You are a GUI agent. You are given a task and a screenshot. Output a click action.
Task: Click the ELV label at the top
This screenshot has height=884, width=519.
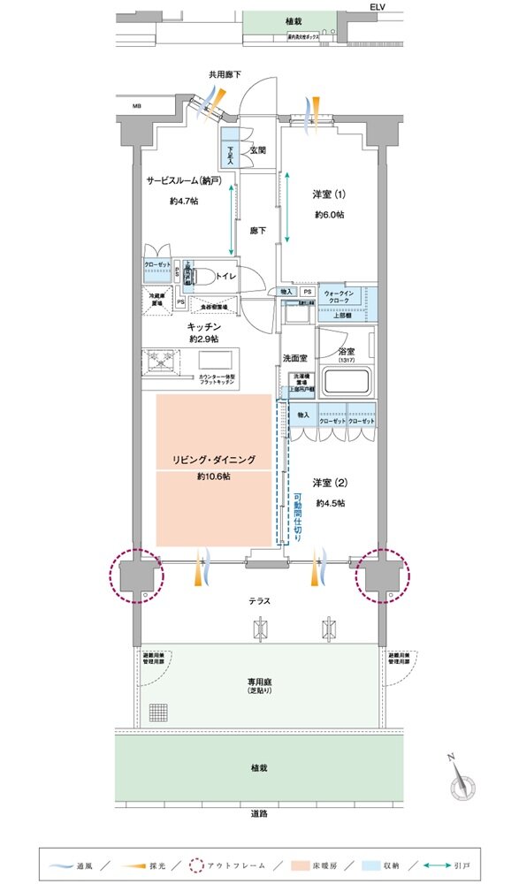(379, 6)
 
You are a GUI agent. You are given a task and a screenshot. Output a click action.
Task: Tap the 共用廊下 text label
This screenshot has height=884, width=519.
(225, 76)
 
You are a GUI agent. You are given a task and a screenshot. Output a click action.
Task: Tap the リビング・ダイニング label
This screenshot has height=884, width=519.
(214, 460)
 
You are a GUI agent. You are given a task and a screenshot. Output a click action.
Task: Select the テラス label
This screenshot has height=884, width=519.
(258, 601)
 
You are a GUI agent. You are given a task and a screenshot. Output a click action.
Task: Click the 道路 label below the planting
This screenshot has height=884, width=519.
(260, 814)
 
